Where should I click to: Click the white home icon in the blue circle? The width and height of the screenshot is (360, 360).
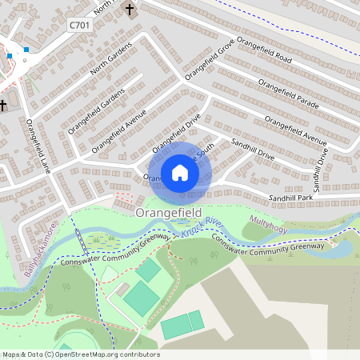click(180, 172)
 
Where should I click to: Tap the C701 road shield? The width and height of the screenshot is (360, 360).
click(79, 26)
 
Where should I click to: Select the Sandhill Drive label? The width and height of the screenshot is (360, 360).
click(252, 150)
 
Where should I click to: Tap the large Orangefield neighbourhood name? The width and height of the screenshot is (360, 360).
click(168, 213)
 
